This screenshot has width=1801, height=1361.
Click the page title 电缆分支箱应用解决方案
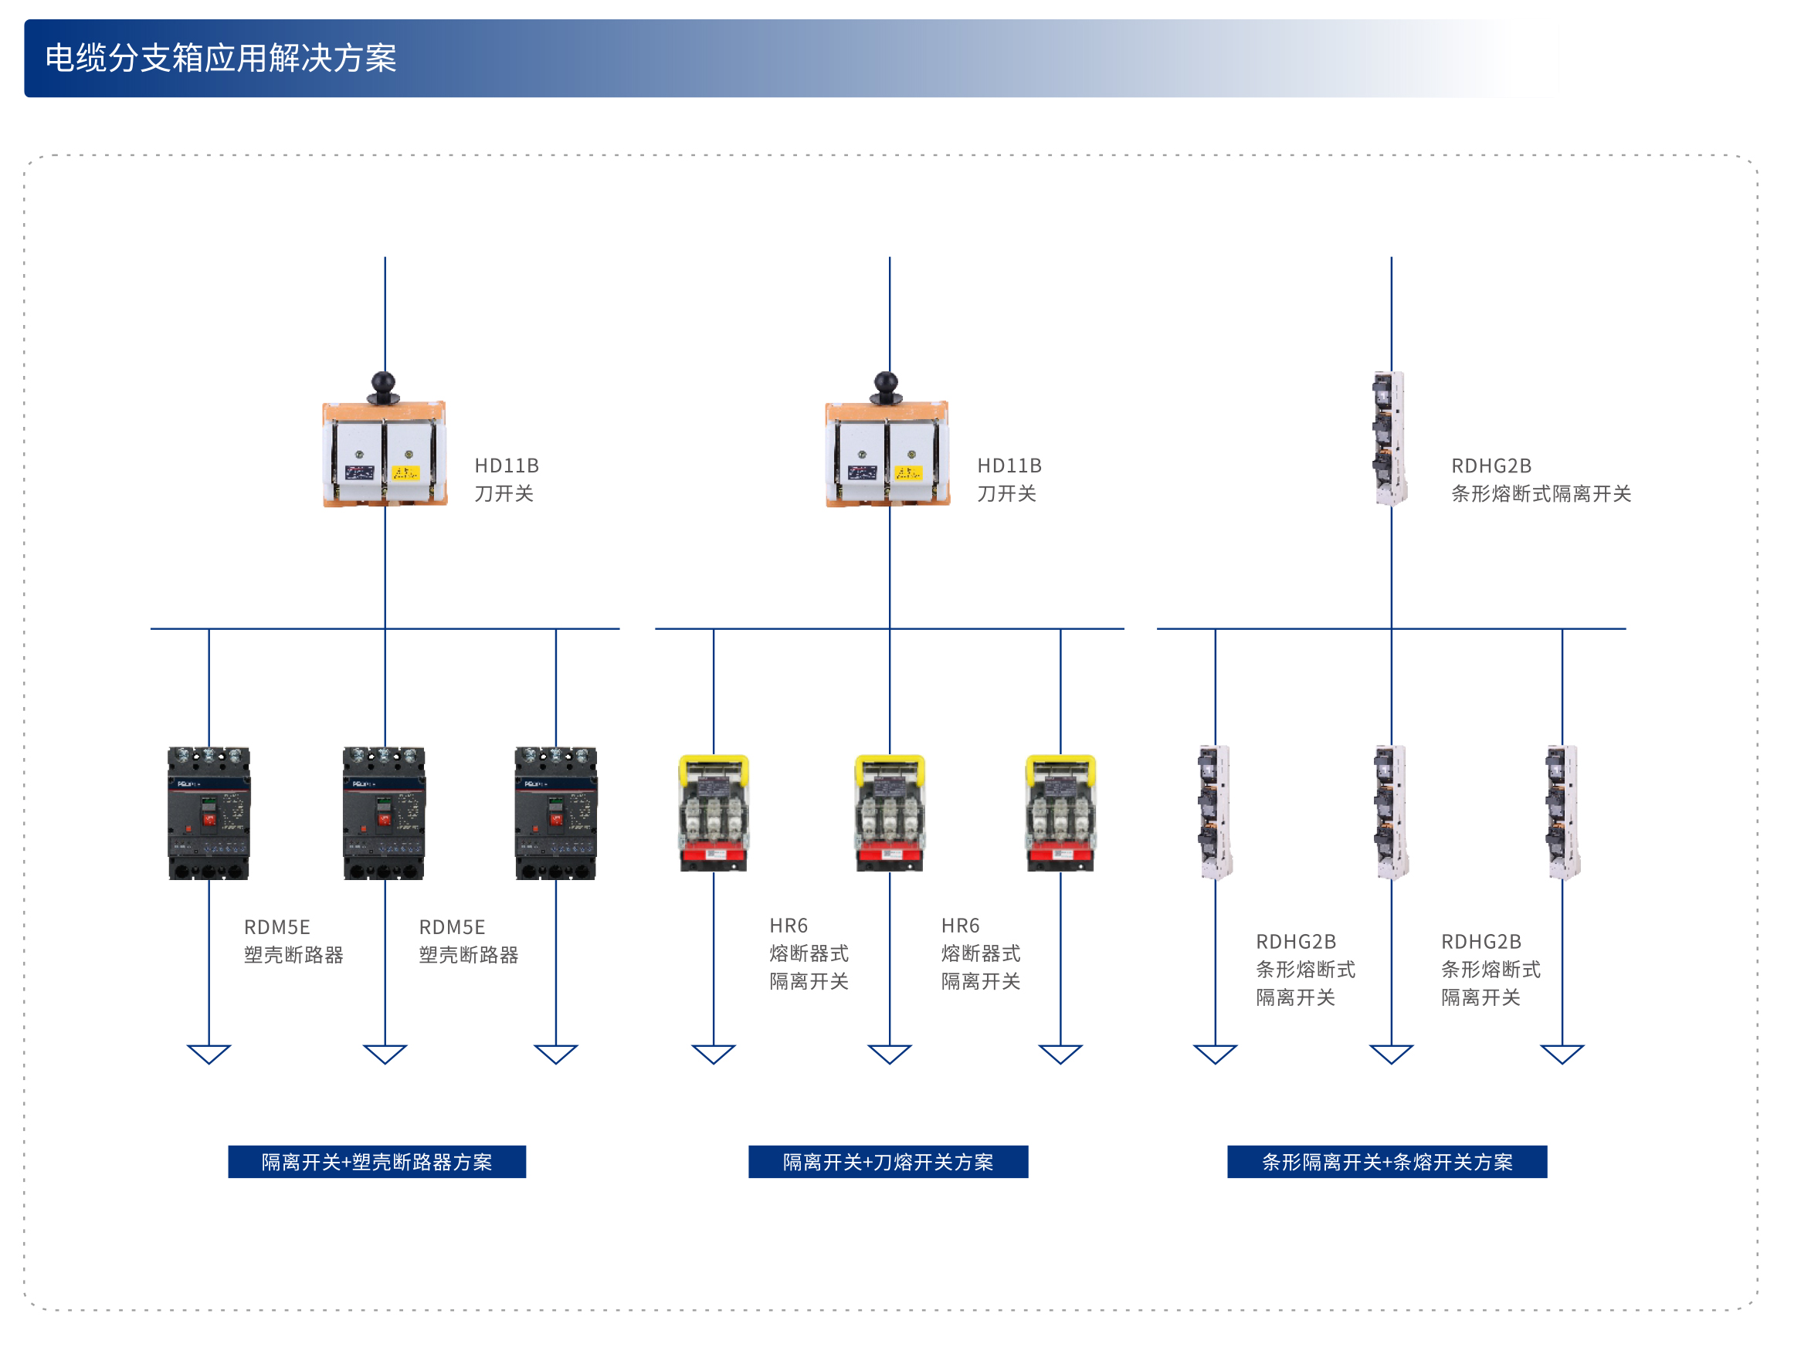(221, 59)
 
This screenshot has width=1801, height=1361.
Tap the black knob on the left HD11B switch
(382, 383)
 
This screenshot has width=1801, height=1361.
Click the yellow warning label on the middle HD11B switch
(907, 472)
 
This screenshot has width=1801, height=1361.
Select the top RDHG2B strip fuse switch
(1389, 438)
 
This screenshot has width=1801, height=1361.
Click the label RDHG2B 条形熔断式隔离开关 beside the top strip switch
(1540, 479)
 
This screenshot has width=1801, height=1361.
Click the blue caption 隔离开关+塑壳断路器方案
(376, 1162)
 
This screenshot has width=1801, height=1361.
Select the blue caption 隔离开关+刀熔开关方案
(887, 1162)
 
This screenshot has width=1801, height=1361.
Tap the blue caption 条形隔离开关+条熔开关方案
(1386, 1162)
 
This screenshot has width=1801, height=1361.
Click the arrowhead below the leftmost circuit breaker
(209, 1053)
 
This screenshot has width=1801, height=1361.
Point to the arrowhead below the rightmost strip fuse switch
(1562, 1053)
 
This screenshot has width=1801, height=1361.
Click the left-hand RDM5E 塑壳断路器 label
(293, 941)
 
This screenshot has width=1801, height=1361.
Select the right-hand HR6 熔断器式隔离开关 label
(980, 953)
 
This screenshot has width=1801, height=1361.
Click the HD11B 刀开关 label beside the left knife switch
(506, 479)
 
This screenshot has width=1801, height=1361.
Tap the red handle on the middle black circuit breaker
(384, 819)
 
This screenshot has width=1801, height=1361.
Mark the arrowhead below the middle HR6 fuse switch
(889, 1053)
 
